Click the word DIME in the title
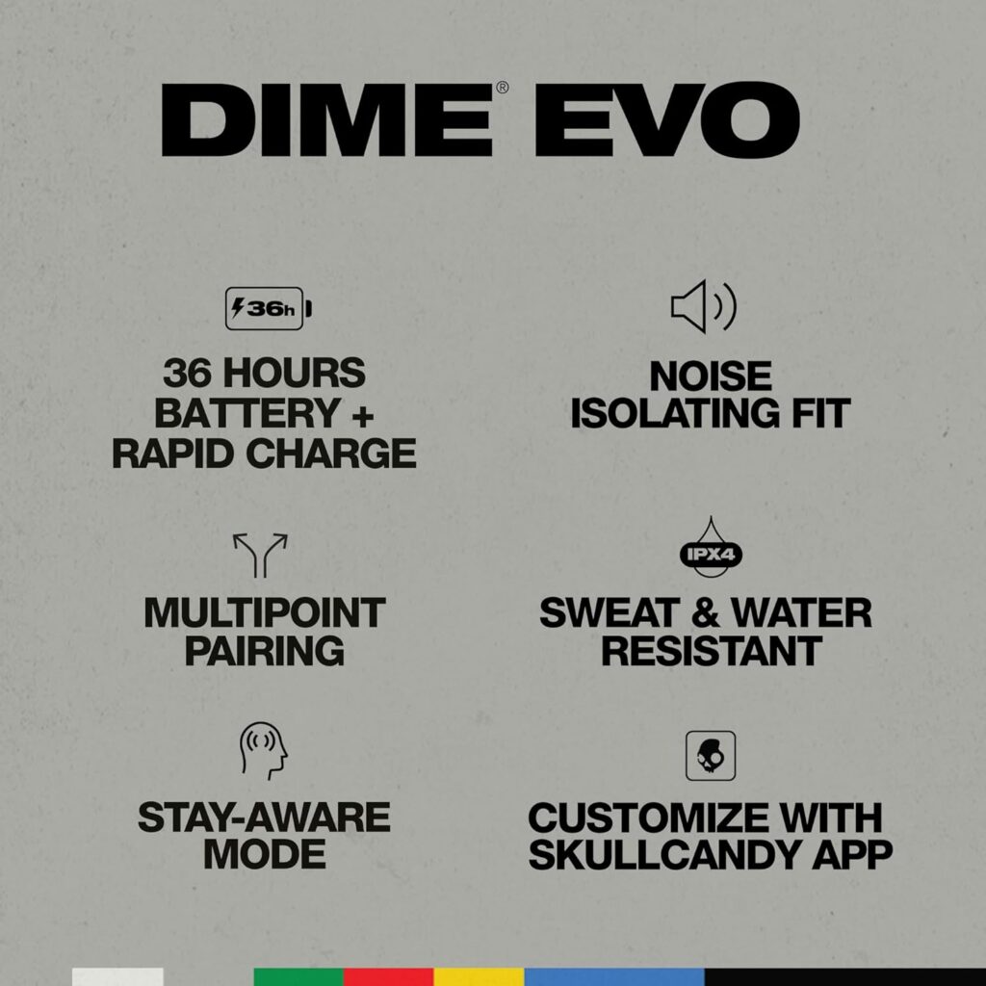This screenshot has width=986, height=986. (327, 120)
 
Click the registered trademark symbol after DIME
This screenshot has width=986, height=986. (503, 88)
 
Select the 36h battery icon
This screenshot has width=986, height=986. (269, 308)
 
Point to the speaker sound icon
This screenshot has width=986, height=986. (703, 307)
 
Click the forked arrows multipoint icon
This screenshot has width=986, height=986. (260, 556)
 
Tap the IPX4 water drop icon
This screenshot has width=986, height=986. (711, 548)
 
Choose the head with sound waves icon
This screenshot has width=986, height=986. (264, 751)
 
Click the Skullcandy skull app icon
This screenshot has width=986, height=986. (711, 755)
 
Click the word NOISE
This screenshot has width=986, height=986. (711, 376)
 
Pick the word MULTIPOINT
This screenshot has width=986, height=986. (264, 613)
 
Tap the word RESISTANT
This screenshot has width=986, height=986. (712, 651)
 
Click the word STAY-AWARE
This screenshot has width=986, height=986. (264, 817)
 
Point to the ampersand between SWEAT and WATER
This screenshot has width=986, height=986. (705, 613)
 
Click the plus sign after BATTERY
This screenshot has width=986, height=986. (362, 416)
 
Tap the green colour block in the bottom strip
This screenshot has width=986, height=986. (298, 977)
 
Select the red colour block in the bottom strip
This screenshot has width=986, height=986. (389, 977)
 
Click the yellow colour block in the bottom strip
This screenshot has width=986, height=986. (480, 977)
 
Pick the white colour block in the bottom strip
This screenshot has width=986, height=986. (117, 977)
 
